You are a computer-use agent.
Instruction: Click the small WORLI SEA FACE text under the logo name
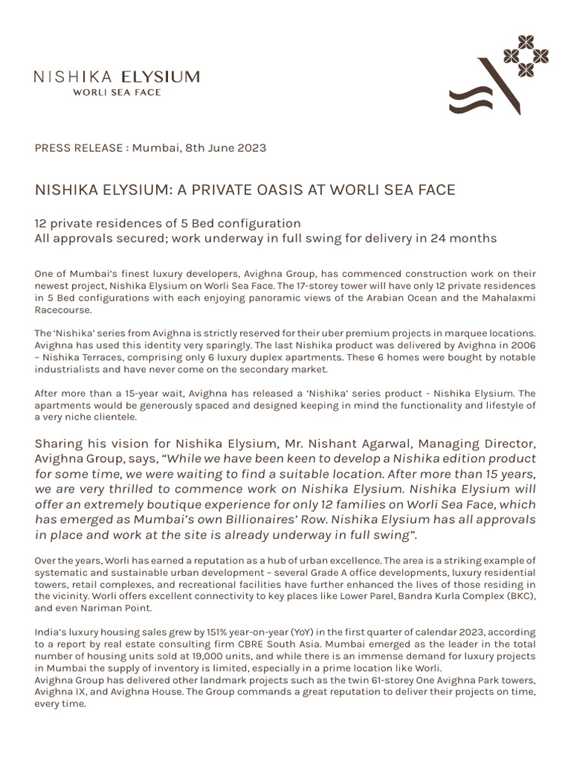(116, 92)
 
